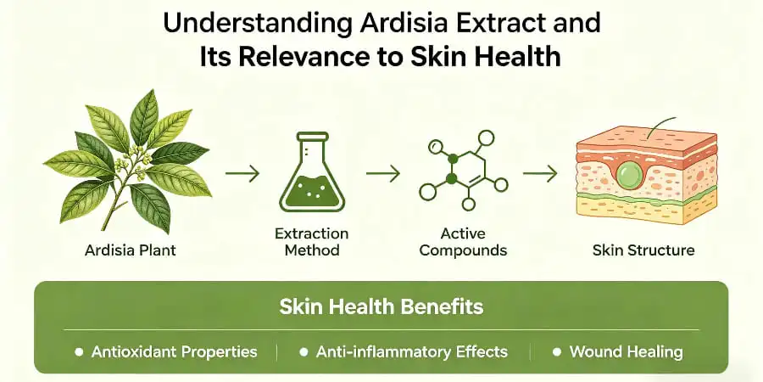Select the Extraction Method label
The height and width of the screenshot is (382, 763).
tap(312, 242)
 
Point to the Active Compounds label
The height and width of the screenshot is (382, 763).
tap(463, 242)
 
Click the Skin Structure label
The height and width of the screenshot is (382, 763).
tap(644, 250)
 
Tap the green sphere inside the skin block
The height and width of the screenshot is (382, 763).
tap(628, 177)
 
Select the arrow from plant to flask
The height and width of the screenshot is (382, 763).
tap(242, 173)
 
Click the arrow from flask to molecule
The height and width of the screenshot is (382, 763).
tap(382, 173)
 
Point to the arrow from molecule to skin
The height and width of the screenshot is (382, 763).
tap(539, 173)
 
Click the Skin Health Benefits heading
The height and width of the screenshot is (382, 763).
tap(381, 306)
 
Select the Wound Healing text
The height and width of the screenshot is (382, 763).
tap(626, 351)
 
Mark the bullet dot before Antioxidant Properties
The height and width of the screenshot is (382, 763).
tap(79, 351)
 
